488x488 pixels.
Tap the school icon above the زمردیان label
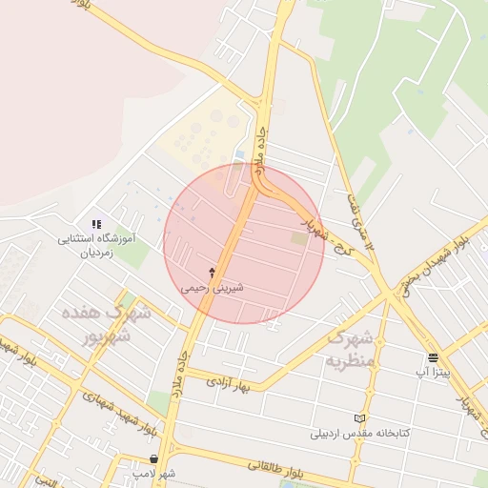(96, 224)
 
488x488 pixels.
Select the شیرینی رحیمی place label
(212, 286)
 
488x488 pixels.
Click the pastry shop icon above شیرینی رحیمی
(212, 273)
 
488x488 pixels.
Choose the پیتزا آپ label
(434, 371)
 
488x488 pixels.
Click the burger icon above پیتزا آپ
(434, 358)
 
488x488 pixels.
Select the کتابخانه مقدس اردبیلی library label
(359, 433)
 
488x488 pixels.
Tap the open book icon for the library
(359, 418)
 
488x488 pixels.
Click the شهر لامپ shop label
(153, 473)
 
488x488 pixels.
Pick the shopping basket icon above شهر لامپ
(153, 459)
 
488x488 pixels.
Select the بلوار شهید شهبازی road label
(112, 410)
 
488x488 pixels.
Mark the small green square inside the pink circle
(299, 238)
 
